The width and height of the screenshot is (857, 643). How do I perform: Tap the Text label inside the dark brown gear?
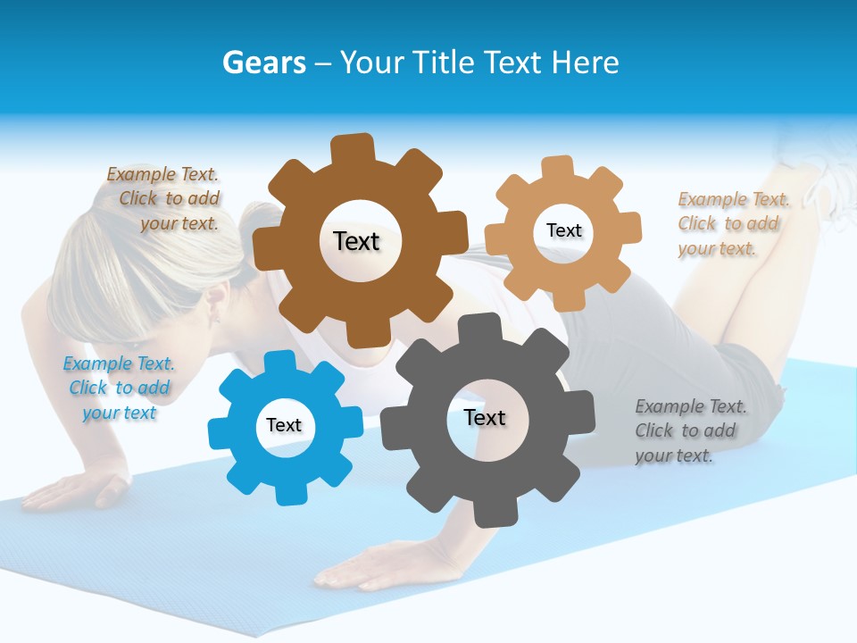tap(356, 241)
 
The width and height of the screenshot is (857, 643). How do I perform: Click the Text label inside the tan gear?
tap(563, 230)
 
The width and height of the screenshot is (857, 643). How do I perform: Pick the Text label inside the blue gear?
tap(284, 425)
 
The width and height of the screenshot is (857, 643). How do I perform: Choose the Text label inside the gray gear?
tap(485, 417)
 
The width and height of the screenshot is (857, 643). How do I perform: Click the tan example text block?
tap(730, 223)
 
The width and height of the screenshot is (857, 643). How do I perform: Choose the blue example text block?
tap(119, 388)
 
